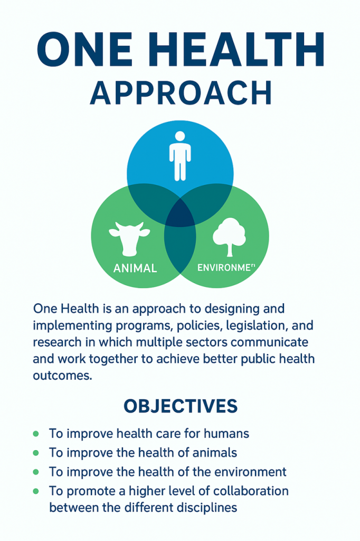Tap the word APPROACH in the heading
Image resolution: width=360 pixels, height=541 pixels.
point(181,93)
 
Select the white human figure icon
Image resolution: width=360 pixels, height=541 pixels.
point(179,154)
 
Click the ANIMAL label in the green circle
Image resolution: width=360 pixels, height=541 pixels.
point(135,268)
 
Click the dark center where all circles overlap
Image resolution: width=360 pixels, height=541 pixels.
point(180,214)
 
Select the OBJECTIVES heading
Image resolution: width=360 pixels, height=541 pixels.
point(180,406)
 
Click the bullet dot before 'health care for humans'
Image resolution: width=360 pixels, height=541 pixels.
point(36,434)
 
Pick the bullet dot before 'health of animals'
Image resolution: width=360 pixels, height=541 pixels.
point(36,453)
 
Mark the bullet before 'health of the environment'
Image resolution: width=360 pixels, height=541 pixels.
point(36,472)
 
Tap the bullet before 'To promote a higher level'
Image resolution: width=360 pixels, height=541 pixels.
point(36,491)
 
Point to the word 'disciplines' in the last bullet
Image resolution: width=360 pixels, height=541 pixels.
point(207,508)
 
